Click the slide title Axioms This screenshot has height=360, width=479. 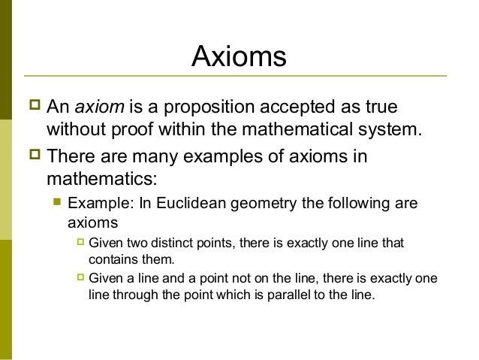coord(239,56)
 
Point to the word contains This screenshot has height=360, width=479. coord(110,259)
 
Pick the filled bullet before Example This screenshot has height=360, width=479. coord(55,204)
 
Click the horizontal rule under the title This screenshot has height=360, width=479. coord(236,76)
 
